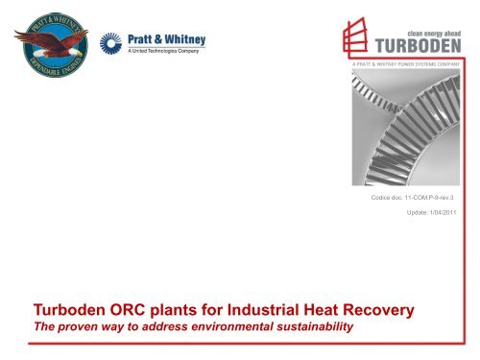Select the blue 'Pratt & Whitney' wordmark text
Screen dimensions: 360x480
click(x=165, y=40)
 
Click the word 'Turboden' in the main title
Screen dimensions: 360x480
click(x=60, y=310)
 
